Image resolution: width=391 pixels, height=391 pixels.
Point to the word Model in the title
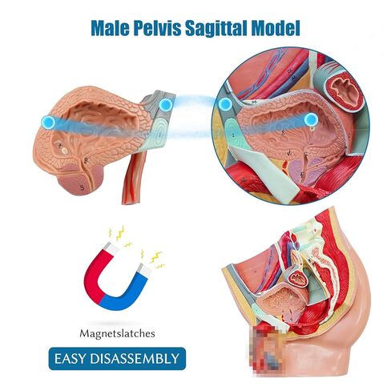coord(276,28)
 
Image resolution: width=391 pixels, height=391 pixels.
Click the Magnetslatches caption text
coord(117,333)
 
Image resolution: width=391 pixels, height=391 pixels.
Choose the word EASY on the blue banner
coord(71,359)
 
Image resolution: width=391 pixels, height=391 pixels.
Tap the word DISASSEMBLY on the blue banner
coord(135,359)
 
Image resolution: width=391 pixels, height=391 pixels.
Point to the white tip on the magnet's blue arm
coord(146,270)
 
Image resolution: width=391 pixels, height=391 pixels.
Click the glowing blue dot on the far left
coord(48,123)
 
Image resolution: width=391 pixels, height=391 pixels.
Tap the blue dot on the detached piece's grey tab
coord(166,105)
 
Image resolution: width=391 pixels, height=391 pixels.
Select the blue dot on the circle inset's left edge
coord(225,104)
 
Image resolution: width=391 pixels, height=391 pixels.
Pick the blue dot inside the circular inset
coord(311,119)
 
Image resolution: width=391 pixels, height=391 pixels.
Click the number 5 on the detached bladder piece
coord(83,187)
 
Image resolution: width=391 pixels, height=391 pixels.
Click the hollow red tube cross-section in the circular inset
coord(344,91)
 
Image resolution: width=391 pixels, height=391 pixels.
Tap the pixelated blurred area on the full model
coord(266,348)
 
